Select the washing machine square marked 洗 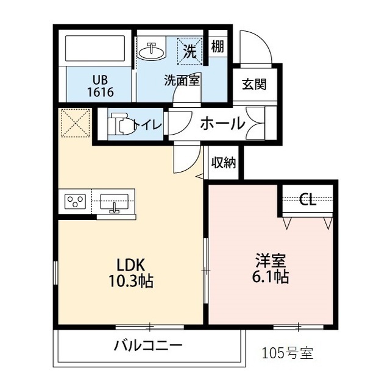190,51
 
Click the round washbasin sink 152,52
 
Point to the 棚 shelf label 217,46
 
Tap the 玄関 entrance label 253,85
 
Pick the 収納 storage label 224,163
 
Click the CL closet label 308,200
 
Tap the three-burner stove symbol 76,201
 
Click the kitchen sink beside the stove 114,202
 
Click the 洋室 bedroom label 271,261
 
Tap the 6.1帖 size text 271,277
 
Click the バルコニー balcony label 148,347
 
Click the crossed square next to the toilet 75,124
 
